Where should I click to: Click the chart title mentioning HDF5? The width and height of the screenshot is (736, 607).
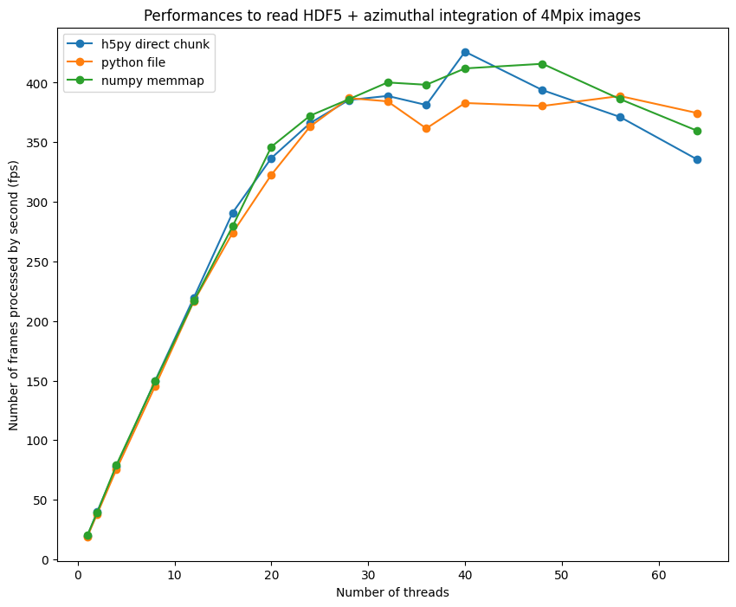[x=392, y=16]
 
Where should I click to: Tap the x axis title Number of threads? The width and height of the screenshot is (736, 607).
[x=392, y=593]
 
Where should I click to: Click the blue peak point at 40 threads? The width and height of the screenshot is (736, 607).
[x=465, y=52]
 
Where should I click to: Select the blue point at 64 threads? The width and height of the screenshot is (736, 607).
[x=697, y=159]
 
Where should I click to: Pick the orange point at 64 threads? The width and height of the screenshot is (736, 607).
[x=697, y=113]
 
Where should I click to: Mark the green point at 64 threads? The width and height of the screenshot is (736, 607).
[x=697, y=131]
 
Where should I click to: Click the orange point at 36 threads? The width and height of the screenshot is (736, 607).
[x=426, y=128]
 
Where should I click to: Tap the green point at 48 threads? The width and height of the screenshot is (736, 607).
[x=542, y=64]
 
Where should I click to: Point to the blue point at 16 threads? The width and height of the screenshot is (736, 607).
[x=233, y=213]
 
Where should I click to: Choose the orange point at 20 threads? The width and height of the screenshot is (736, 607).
[x=271, y=175]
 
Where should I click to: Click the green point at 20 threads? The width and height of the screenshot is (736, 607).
[x=271, y=147]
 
